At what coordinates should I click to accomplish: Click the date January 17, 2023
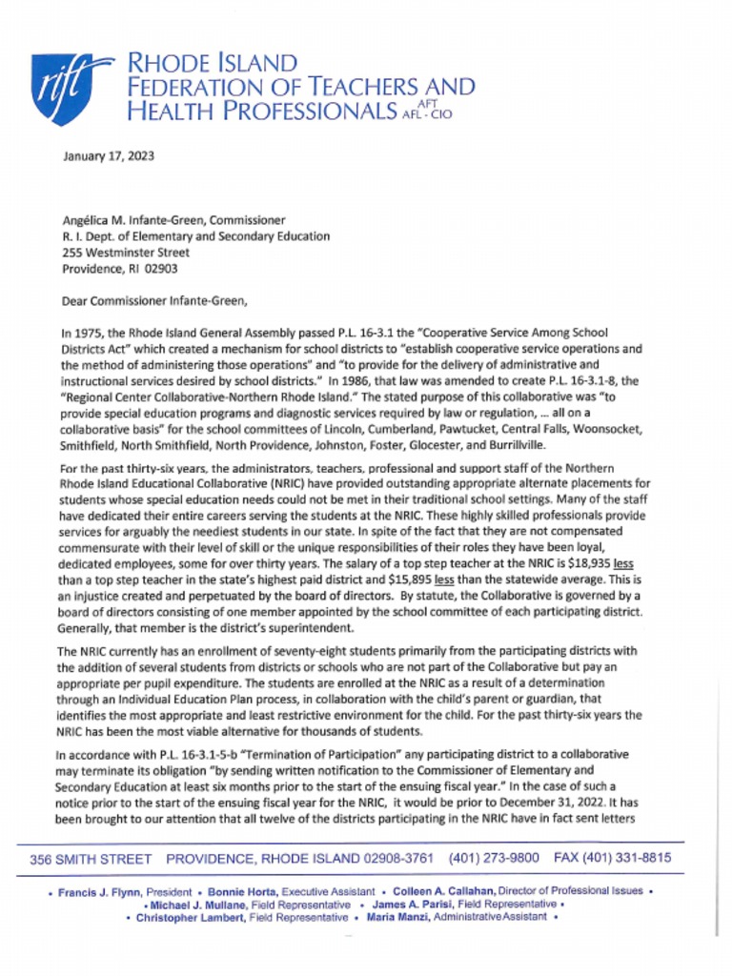click(x=108, y=156)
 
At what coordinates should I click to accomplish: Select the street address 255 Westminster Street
click(x=126, y=253)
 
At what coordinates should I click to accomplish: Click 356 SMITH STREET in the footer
click(x=91, y=859)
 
